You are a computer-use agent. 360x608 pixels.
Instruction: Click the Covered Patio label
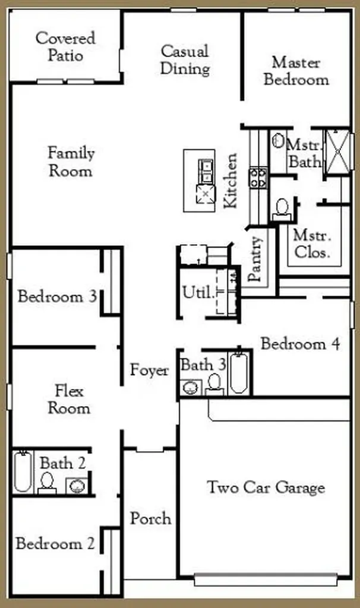click(x=65, y=47)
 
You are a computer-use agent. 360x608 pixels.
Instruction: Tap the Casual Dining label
click(x=185, y=60)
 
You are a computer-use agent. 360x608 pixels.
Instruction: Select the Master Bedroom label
click(x=296, y=71)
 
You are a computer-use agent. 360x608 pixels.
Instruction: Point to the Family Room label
click(x=71, y=161)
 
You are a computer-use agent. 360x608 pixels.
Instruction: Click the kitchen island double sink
click(x=206, y=171)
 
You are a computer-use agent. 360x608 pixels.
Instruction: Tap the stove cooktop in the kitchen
click(x=258, y=178)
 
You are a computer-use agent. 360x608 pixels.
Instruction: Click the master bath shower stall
click(x=337, y=152)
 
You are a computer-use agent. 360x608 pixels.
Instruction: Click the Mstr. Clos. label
click(x=312, y=244)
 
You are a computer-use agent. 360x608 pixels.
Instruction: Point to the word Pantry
click(x=255, y=258)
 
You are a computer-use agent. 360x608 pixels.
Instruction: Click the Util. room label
click(x=198, y=292)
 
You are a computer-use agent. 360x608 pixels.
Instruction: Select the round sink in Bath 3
click(x=191, y=387)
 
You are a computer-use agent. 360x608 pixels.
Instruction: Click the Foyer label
click(x=149, y=370)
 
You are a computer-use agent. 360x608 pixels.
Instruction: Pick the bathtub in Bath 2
click(x=23, y=471)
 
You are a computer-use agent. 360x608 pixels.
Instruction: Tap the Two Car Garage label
click(x=266, y=487)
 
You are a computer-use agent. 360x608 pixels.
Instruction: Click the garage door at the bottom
click(x=266, y=579)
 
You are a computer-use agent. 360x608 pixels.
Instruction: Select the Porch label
click(x=150, y=518)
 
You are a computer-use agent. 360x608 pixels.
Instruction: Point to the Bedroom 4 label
click(x=300, y=344)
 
